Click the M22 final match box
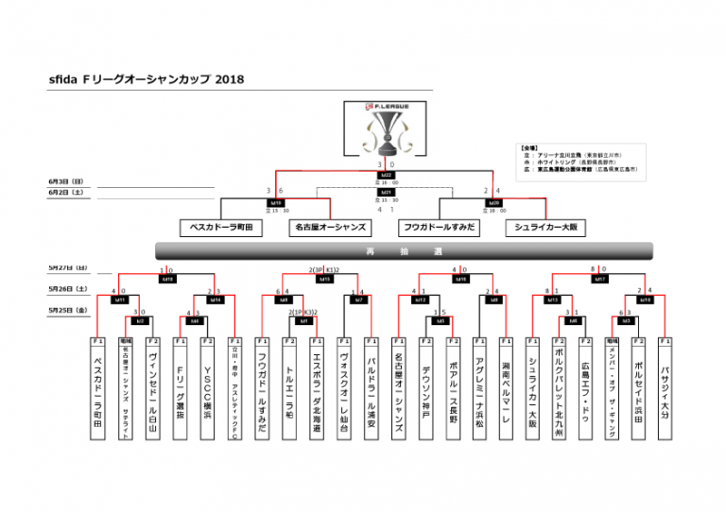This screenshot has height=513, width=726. coord(386,175)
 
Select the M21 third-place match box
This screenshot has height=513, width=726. coord(386,192)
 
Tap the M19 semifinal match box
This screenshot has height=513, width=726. coord(275,202)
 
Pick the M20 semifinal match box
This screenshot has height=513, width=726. coord(493,202)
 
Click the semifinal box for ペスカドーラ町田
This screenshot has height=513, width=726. coord(220,228)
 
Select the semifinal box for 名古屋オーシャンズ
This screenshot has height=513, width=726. coord(330,228)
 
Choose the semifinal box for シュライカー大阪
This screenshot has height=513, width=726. coord(548,228)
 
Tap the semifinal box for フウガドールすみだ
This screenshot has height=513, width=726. coord(439,228)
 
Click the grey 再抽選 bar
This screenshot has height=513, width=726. coord(404,251)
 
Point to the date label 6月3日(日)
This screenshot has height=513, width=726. coord(65,180)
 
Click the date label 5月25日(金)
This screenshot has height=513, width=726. coord(67,309)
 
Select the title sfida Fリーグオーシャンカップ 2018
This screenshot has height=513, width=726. coord(146,79)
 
